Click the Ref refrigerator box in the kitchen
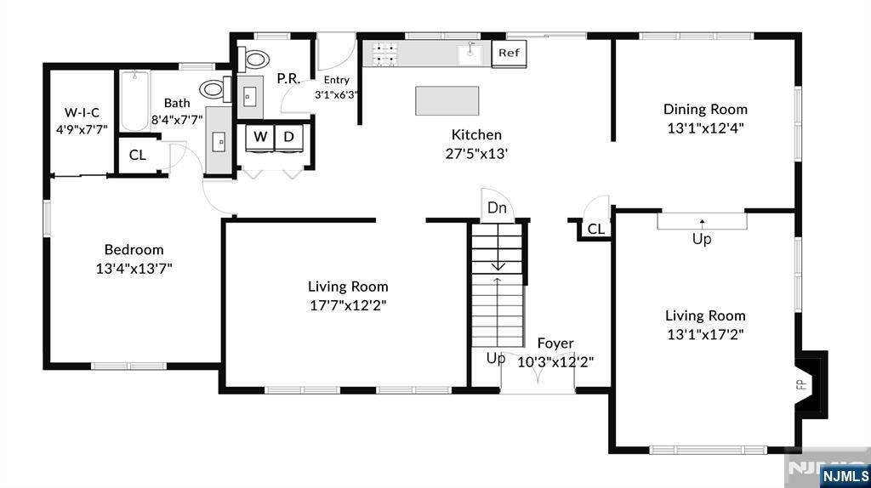tap(509, 53)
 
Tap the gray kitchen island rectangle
tap(447, 100)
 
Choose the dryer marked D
tap(288, 137)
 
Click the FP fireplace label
tap(800, 384)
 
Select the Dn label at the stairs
tap(498, 208)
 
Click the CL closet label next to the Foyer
tap(596, 229)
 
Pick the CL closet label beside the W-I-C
tap(137, 155)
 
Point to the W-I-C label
tap(82, 112)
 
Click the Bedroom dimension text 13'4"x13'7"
tap(134, 268)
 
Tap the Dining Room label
tap(705, 109)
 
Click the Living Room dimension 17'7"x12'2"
tap(348, 305)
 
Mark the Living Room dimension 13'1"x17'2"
tap(705, 334)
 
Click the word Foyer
tap(555, 343)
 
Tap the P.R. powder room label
tap(287, 78)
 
